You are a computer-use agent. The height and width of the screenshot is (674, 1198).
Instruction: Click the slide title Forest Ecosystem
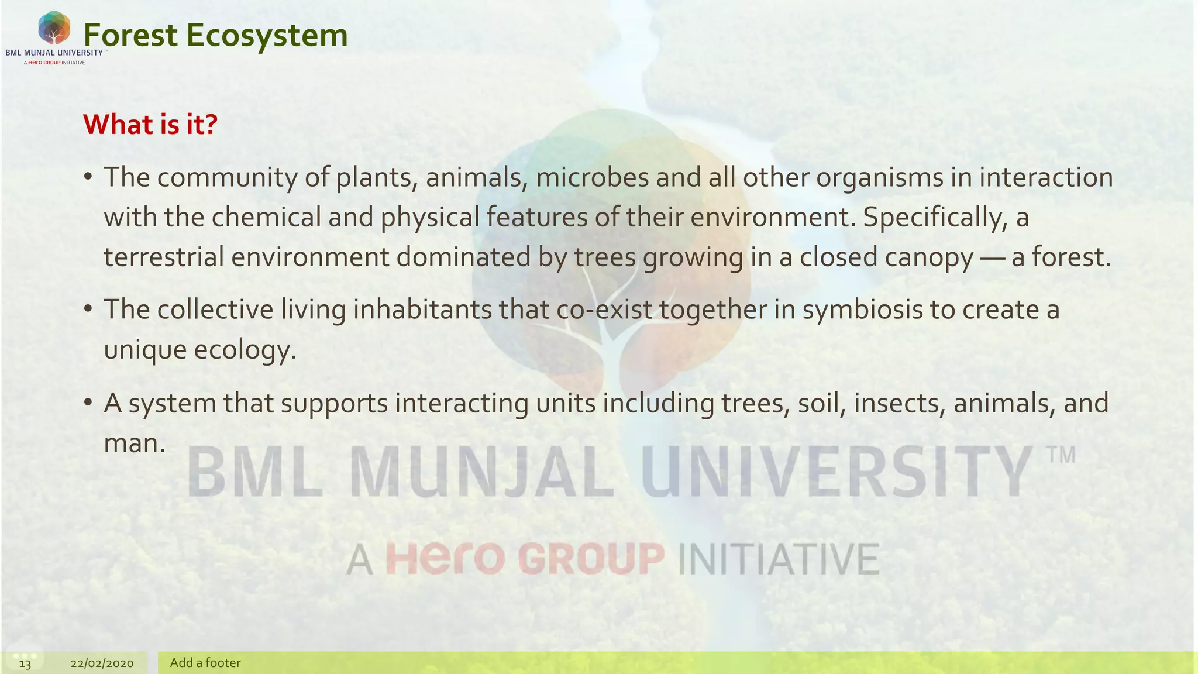[215, 35]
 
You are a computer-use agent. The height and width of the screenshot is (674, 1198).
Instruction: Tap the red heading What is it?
[150, 124]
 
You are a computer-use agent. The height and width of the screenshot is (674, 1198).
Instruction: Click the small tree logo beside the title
[54, 27]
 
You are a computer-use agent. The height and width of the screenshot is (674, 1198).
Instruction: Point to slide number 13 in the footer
[25, 663]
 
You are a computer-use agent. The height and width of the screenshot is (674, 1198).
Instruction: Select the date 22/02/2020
[102, 663]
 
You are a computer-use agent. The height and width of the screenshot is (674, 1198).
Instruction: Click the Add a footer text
[205, 663]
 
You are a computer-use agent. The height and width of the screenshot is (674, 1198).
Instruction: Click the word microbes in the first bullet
[592, 177]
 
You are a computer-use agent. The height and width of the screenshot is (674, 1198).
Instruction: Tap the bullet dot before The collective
[88, 308]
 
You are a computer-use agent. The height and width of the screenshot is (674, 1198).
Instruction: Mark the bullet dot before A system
[88, 402]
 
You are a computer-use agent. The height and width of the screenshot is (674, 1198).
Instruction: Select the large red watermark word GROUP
[591, 559]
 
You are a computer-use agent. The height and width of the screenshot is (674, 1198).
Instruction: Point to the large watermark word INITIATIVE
[779, 559]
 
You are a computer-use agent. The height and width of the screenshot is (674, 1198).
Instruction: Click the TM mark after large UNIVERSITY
[1061, 455]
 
